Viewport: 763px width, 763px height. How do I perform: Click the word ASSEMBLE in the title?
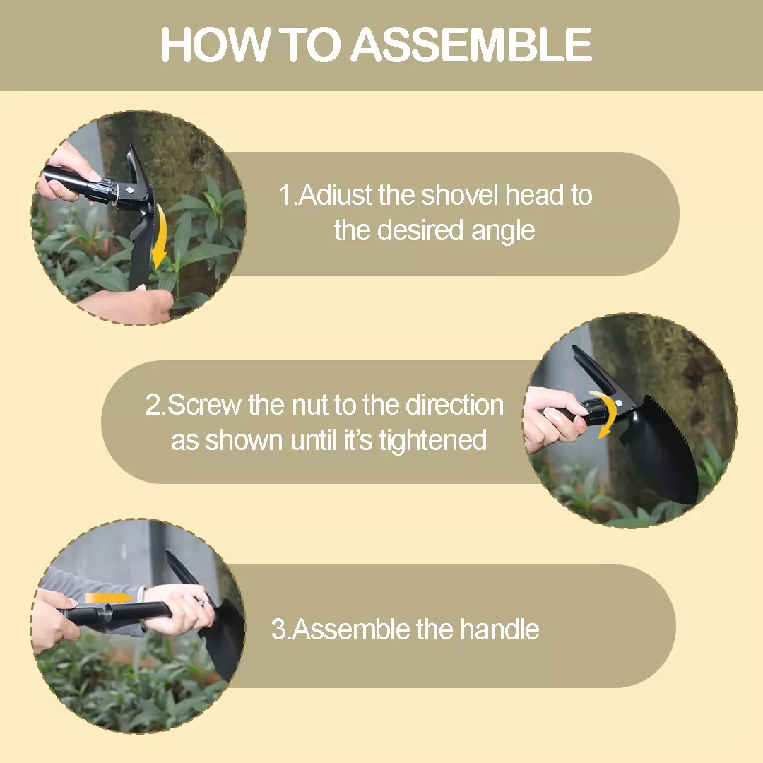471,45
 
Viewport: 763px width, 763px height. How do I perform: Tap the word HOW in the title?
215,45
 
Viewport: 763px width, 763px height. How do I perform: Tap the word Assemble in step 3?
352,629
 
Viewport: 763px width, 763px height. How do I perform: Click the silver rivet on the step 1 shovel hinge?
129,190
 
